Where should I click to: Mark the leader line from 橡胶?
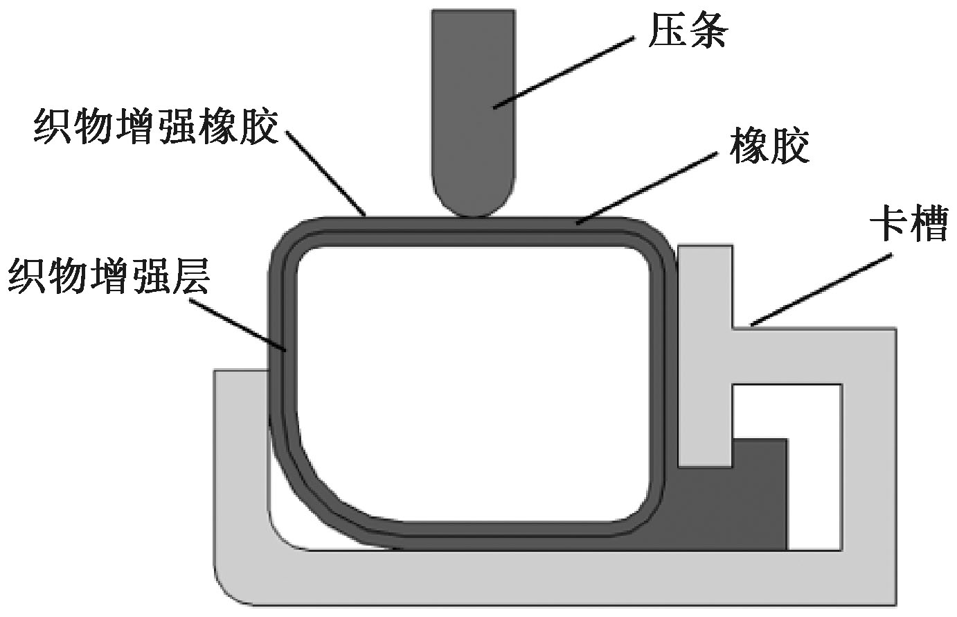tap(647, 187)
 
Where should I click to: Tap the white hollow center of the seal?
tap(471, 381)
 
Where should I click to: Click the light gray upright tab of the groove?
tap(705, 347)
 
